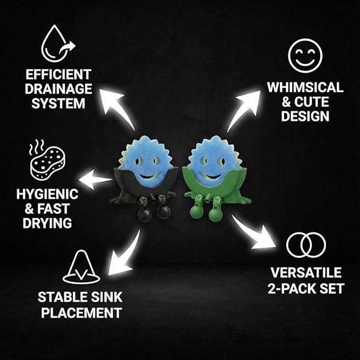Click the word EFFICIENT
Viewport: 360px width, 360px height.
coord(58,74)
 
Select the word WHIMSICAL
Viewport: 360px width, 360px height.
coord(305,87)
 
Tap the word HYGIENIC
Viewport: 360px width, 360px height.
coord(47,194)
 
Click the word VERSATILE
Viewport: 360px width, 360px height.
coord(306,273)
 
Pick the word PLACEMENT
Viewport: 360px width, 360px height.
coord(82,312)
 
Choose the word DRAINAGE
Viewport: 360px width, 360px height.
coord(58,89)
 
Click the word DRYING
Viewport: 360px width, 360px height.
coord(47,223)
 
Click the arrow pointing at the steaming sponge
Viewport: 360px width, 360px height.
coord(95,179)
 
